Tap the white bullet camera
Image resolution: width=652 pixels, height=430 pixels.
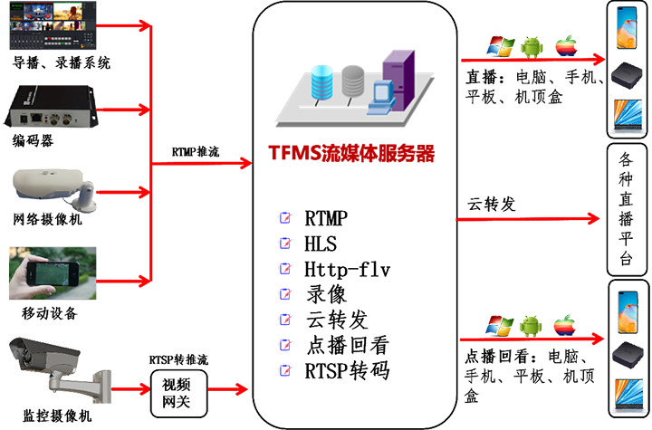point(54,186)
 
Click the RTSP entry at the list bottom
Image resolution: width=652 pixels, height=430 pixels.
point(350,370)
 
